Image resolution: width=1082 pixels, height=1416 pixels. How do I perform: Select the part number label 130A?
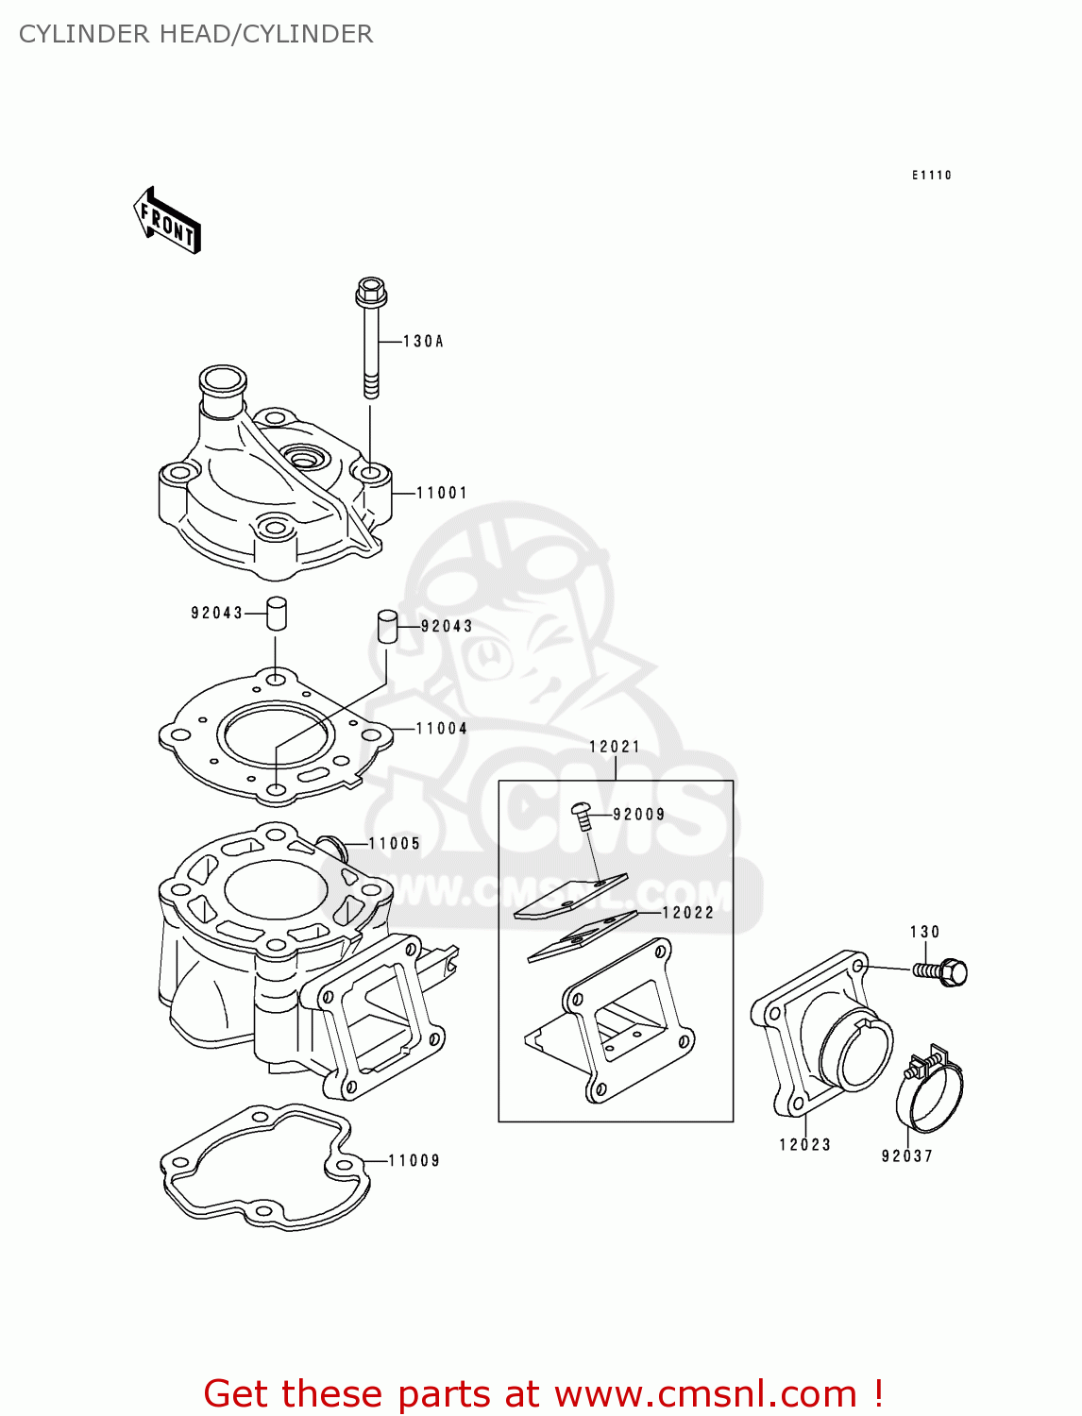coord(423,342)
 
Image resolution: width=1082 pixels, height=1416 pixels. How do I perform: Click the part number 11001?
coord(442,493)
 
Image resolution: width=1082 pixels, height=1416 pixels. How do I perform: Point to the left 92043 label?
coord(217,613)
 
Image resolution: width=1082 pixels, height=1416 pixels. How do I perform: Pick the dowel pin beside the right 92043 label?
coord(386,627)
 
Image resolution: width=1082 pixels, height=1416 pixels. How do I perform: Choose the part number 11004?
coord(442,729)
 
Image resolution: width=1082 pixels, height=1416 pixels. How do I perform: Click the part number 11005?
coord(395,844)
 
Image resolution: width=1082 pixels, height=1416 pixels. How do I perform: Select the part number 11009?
coord(414,1161)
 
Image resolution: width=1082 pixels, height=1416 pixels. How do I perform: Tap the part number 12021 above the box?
coord(615,747)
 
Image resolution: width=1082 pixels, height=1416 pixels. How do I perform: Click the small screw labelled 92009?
coord(583,816)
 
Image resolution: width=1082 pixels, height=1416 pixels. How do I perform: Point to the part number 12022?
coord(688,913)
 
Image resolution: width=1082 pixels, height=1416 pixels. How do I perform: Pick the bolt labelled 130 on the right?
coord(941,971)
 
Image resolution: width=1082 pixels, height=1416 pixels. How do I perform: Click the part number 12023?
coord(804,1145)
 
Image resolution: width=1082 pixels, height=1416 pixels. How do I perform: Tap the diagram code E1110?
coord(931,176)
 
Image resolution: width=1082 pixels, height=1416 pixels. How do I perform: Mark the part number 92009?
coord(639,815)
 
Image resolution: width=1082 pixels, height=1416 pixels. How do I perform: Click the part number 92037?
coord(906,1156)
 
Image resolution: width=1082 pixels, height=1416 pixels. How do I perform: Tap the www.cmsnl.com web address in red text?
coord(705,1394)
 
